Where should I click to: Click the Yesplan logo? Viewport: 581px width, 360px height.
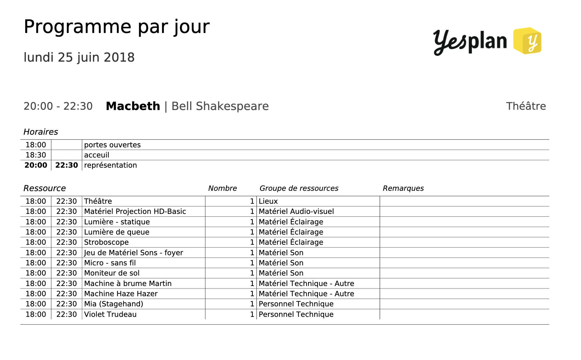pos(487,41)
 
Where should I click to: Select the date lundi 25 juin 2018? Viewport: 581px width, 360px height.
pos(79,57)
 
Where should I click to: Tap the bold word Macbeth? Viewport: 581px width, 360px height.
pos(133,106)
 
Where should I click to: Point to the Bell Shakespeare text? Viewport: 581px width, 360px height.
pos(220,106)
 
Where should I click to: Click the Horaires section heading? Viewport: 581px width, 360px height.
pos(41,132)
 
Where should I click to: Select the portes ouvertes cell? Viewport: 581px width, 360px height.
pos(112,145)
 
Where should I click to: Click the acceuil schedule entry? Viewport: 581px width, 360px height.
pos(96,155)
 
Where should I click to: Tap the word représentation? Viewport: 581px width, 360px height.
pos(110,165)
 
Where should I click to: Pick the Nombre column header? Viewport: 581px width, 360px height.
pos(222,188)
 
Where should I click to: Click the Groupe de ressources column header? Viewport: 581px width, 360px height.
pos(299,188)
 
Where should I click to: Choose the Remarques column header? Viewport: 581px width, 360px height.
pos(403,188)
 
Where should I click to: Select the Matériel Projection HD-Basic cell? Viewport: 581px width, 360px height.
pos(135,211)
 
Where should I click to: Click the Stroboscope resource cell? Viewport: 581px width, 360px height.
pos(106,242)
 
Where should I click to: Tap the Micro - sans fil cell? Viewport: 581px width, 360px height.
pos(110,263)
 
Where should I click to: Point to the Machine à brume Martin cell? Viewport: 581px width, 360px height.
pos(128,284)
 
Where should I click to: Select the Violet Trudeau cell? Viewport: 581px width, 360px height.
pos(110,314)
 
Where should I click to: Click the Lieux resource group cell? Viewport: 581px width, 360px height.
pos(268,201)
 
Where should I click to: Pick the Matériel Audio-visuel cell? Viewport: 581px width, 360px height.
pos(296,211)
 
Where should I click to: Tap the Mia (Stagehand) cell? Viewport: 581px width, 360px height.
pos(113,304)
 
